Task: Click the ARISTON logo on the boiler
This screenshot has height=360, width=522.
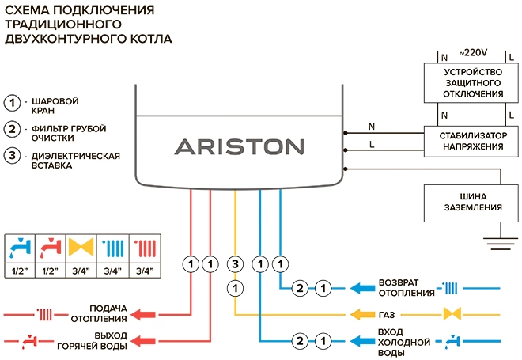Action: (x=238, y=147)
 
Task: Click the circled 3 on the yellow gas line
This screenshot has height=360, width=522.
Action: (x=234, y=263)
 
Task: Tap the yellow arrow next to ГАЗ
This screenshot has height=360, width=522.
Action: (x=363, y=313)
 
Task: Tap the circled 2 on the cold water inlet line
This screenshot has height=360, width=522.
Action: (x=299, y=342)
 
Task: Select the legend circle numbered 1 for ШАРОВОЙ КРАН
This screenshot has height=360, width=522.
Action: (x=12, y=104)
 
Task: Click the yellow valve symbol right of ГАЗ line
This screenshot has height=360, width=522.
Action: (x=453, y=314)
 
